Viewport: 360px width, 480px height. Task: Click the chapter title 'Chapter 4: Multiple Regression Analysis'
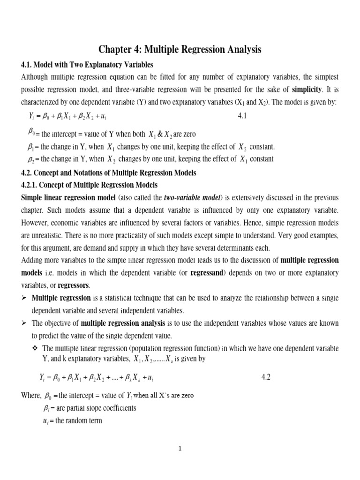coord(180,49)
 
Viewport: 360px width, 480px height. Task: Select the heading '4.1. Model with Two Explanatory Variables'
coord(87,64)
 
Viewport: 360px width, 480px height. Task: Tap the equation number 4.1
coord(242,115)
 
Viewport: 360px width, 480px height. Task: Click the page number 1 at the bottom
coord(180,448)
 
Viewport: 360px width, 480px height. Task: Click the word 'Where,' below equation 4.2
coord(31,396)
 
